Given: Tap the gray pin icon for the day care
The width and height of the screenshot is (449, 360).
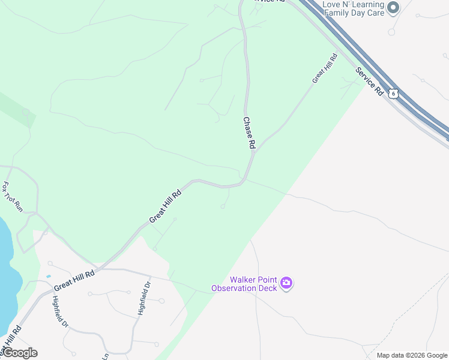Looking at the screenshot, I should (394, 7).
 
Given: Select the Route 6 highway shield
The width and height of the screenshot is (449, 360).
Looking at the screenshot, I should (393, 93).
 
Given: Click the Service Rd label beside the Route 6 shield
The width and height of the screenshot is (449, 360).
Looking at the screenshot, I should (369, 81).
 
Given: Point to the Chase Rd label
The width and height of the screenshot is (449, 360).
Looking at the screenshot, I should (249, 133).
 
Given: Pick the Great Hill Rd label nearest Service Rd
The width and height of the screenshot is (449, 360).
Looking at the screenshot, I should (325, 68).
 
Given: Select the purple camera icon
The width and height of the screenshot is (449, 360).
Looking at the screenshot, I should (286, 283).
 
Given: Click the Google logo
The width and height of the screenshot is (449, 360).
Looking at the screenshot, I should (19, 353).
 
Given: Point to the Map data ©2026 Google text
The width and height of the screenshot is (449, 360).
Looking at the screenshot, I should (412, 355).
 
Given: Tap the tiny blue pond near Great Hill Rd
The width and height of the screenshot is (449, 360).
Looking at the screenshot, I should (48, 277).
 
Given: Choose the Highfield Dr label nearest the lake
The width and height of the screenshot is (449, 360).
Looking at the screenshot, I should (61, 311).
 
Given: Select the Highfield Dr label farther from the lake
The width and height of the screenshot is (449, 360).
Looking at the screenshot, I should (143, 298).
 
